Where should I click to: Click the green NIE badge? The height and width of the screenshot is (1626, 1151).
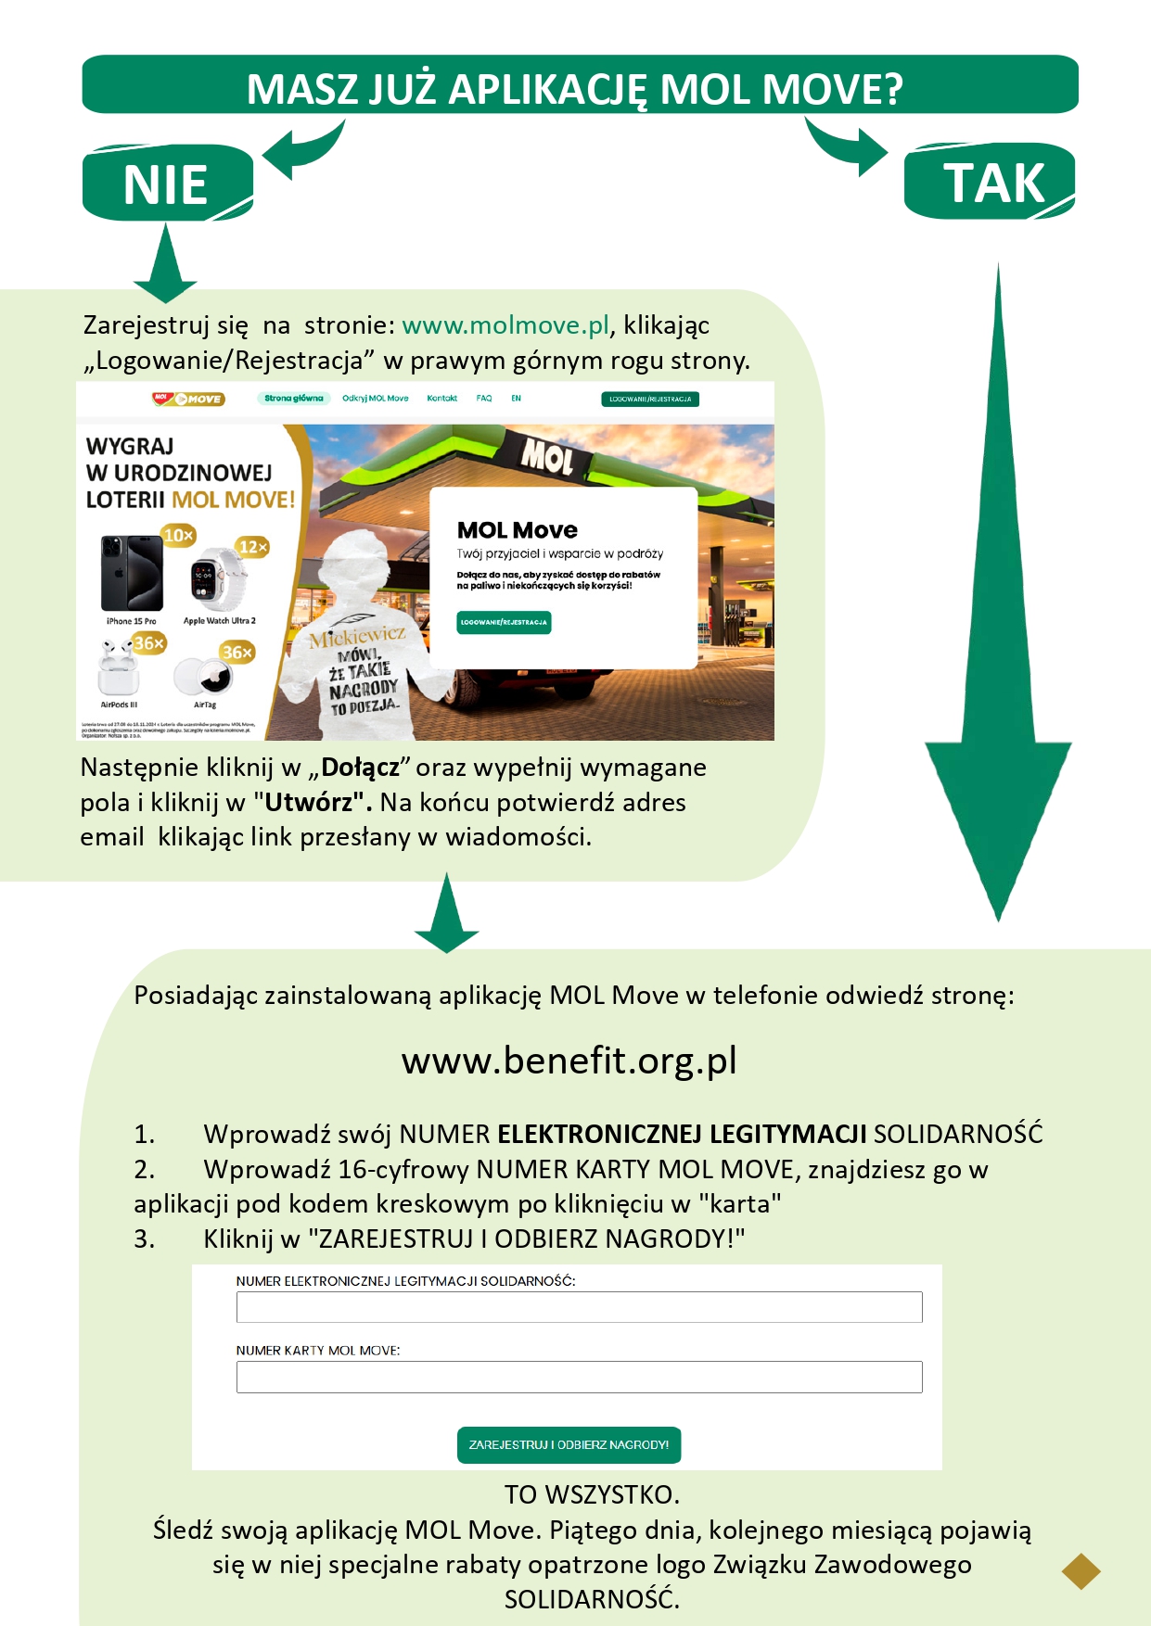point(167,184)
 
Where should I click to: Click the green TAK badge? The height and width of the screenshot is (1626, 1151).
point(991,182)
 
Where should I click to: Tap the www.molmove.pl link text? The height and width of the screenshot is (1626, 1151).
point(505,325)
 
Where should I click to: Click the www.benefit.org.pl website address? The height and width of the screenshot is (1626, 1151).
point(569,1061)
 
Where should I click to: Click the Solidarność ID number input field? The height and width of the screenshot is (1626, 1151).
point(579,1307)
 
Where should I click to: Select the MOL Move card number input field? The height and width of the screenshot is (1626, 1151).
point(579,1377)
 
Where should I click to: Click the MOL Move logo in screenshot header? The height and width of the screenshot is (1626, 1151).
point(188,399)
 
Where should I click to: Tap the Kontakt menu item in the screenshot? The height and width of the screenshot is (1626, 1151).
point(441,399)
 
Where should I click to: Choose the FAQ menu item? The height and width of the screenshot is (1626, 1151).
point(484,399)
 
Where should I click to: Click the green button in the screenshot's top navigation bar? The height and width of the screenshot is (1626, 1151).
point(650,399)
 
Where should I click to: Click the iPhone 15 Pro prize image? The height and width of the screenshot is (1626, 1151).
point(132,573)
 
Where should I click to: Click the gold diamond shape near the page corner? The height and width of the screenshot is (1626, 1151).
point(1081,1570)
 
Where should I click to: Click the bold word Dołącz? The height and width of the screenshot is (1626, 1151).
point(360,768)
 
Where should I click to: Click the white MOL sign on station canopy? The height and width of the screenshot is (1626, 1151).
point(547,457)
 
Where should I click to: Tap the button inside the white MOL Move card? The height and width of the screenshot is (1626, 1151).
point(504,622)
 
